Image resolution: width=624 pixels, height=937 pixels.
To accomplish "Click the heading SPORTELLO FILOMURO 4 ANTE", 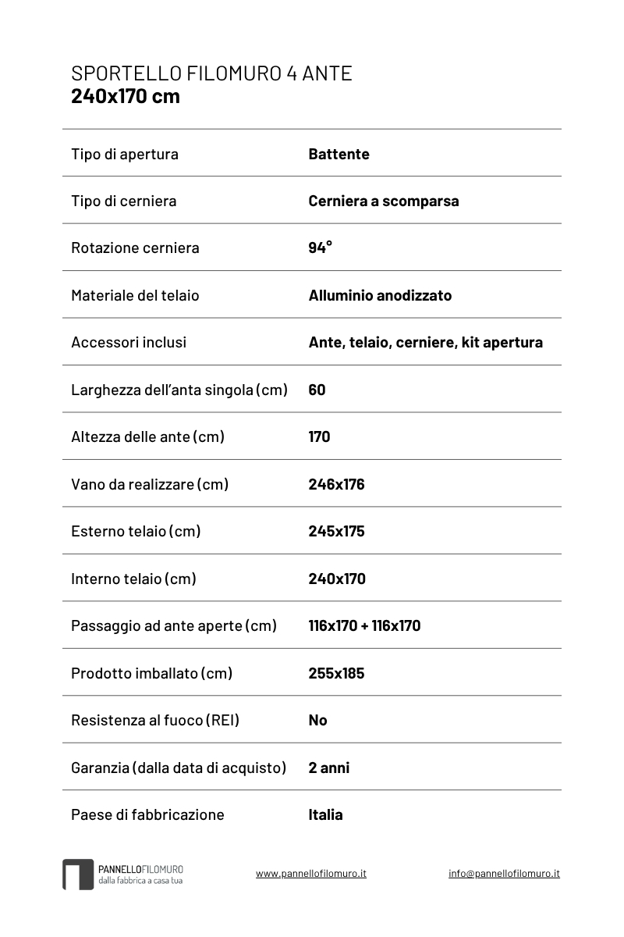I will click(x=211, y=73).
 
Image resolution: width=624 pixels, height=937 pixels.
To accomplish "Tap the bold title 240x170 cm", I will click(x=126, y=96).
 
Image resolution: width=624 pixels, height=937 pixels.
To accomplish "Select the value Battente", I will click(x=339, y=154).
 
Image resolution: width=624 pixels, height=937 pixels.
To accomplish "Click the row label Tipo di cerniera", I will click(x=123, y=201).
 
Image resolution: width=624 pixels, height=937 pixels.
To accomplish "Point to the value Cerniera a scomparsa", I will click(x=383, y=201).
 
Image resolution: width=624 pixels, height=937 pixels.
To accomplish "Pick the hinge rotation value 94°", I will click(x=320, y=248).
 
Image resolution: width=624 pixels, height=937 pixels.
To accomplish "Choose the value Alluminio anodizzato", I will click(x=380, y=295).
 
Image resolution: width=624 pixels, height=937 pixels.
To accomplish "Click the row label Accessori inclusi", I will click(x=129, y=342).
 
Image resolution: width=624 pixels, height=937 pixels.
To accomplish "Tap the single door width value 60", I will click(x=317, y=390).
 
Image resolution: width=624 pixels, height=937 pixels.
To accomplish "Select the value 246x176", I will click(x=336, y=484).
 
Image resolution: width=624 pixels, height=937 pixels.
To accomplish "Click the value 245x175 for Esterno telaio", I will click(x=336, y=531).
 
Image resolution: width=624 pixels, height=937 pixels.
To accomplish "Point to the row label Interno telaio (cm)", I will click(x=133, y=579).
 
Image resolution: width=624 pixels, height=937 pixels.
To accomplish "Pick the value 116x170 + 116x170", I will click(x=364, y=625).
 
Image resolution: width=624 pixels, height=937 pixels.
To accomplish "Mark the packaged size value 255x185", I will click(x=336, y=673).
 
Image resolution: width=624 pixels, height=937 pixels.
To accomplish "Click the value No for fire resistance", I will click(x=317, y=720).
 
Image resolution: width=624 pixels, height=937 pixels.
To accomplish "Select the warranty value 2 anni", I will click(x=328, y=768).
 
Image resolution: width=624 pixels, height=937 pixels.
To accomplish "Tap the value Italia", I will click(x=325, y=814).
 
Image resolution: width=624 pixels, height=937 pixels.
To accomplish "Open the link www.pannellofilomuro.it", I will click(x=310, y=873).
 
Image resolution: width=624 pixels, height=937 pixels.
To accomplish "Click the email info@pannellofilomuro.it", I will click(x=504, y=873).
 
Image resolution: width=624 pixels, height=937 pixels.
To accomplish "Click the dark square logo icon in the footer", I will click(x=78, y=874).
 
